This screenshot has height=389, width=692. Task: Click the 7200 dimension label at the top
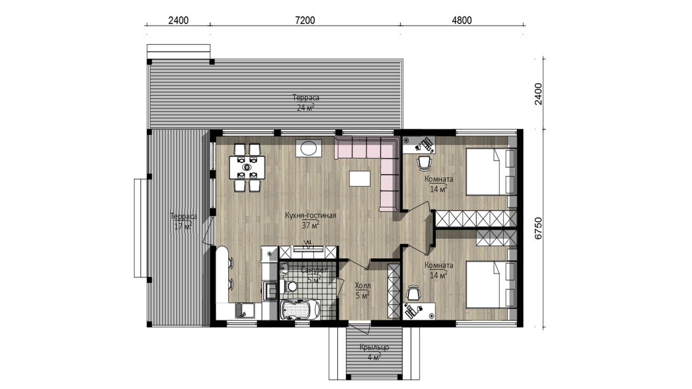coord(305,21)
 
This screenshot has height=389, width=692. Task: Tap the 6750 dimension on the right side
coord(538,228)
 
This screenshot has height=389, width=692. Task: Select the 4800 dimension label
coord(462,21)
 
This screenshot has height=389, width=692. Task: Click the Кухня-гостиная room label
coord(310,216)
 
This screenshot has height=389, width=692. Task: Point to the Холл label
coord(363,285)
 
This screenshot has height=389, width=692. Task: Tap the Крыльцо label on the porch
coord(374,347)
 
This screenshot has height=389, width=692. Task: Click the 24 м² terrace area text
coord(306,108)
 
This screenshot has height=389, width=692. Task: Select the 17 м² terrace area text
coord(183,226)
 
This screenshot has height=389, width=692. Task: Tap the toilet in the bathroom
coord(289,285)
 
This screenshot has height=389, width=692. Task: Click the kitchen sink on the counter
coord(245,311)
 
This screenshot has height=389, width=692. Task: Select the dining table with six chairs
coord(247,167)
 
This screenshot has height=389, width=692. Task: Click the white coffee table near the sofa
coord(360,178)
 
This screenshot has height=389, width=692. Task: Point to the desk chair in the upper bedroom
coord(424,163)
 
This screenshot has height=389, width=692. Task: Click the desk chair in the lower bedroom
coord(414,293)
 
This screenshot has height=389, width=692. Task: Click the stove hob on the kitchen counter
coord(269,290)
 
